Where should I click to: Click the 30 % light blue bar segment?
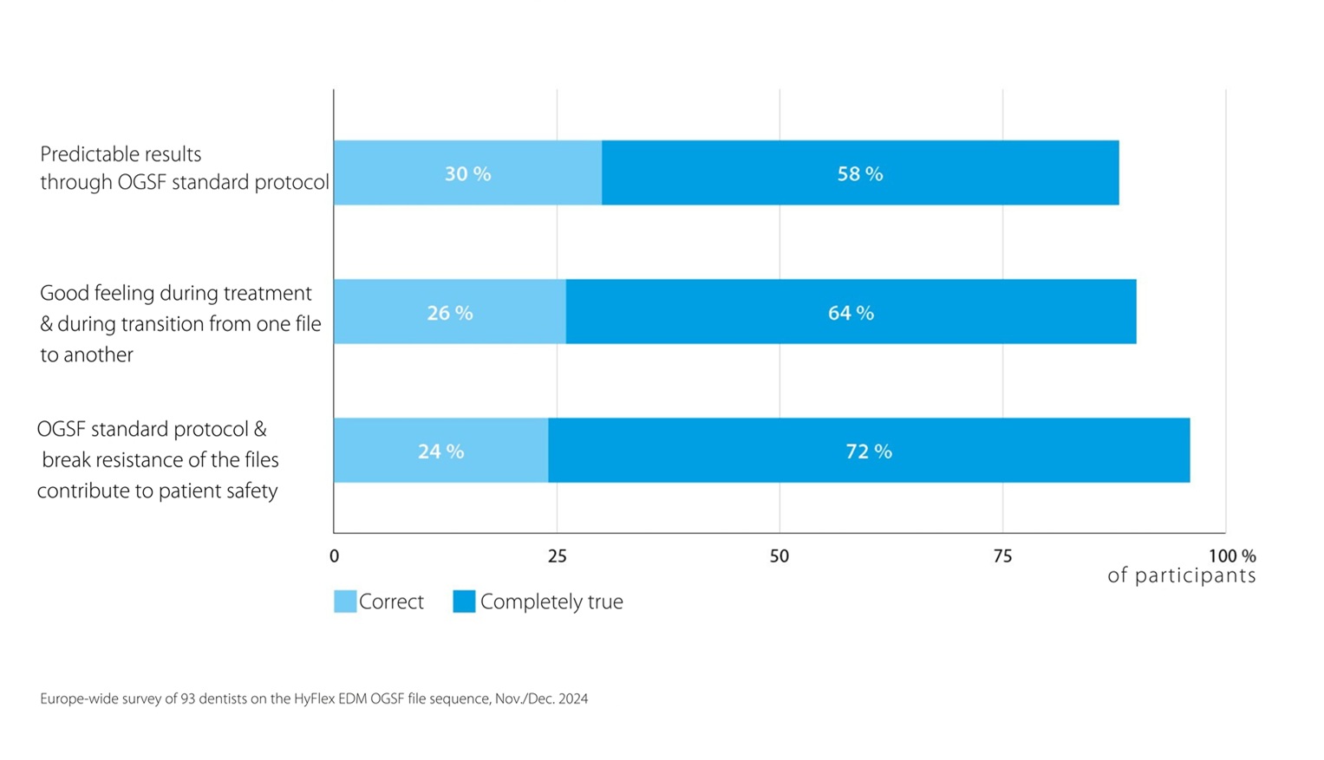[467, 172]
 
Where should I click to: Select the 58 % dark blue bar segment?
[860, 172]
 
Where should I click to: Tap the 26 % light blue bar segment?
[450, 311]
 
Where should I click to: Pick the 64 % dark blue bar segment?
[851, 311]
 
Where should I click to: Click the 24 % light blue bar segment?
[441, 451]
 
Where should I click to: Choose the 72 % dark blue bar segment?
[869, 451]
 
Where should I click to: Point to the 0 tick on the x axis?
[334, 556]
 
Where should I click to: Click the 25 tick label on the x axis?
[557, 556]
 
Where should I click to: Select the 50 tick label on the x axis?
[779, 556]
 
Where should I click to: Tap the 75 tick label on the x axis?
[1002, 556]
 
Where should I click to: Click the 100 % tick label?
[1232, 556]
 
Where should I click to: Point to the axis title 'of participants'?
[1182, 575]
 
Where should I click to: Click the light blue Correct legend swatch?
[345, 601]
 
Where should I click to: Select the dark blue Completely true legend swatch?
[464, 601]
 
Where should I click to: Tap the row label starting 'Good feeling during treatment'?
[180, 323]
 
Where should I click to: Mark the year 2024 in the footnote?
[573, 698]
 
